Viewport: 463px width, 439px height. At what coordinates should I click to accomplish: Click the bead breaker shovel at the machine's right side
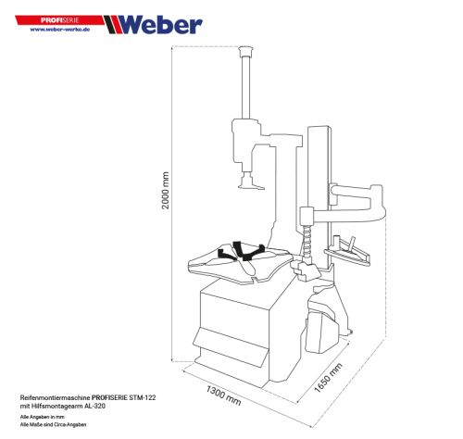323,316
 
